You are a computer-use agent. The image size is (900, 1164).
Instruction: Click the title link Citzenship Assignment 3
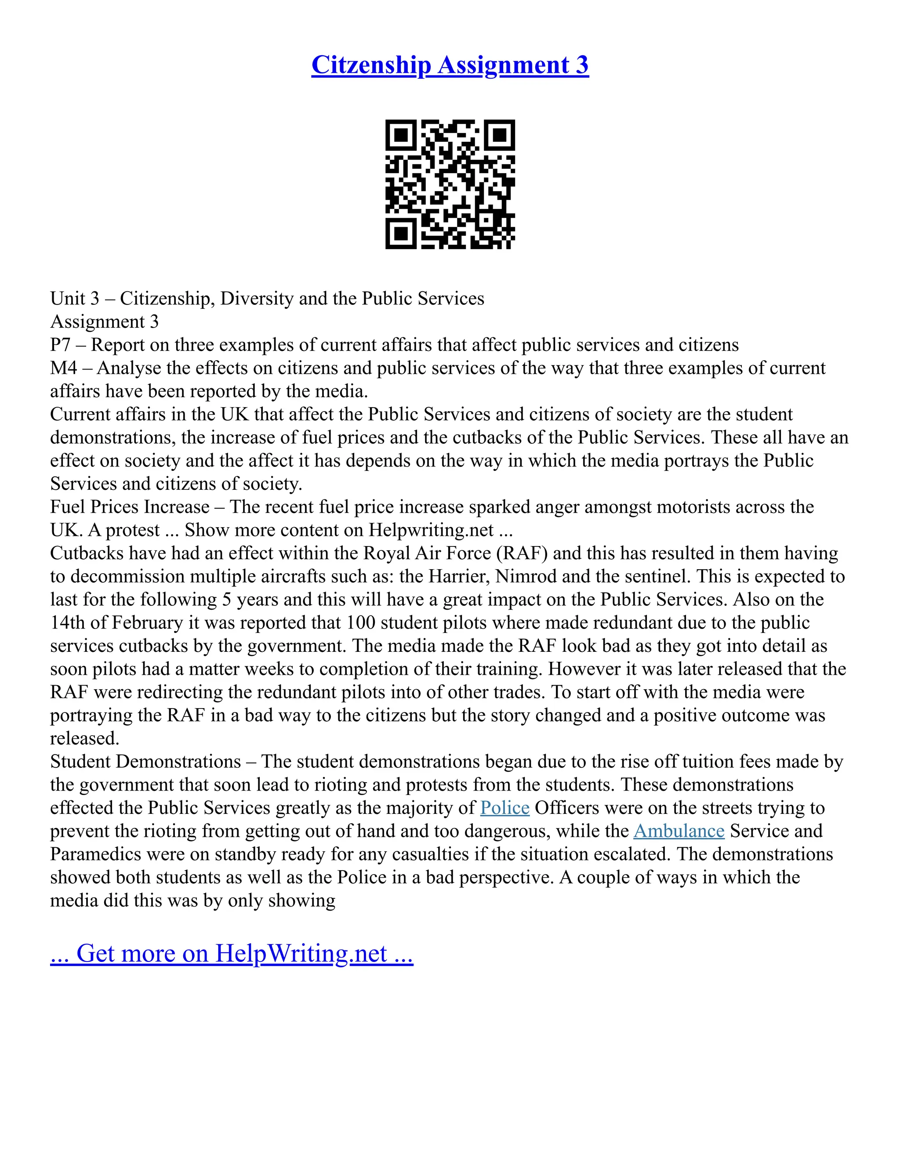pos(450,65)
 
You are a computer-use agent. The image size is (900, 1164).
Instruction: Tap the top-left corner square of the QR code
pos(400,135)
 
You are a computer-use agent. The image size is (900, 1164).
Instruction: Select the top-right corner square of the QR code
pos(500,135)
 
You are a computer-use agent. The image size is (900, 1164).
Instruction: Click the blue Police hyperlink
pos(504,808)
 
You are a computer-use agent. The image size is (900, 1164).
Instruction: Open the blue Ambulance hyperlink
pos(678,831)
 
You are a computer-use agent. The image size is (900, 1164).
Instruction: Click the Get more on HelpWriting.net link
pos(232,954)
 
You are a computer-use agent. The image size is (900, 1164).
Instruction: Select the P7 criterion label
pos(60,345)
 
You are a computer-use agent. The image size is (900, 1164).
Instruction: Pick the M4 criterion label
pos(63,368)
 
